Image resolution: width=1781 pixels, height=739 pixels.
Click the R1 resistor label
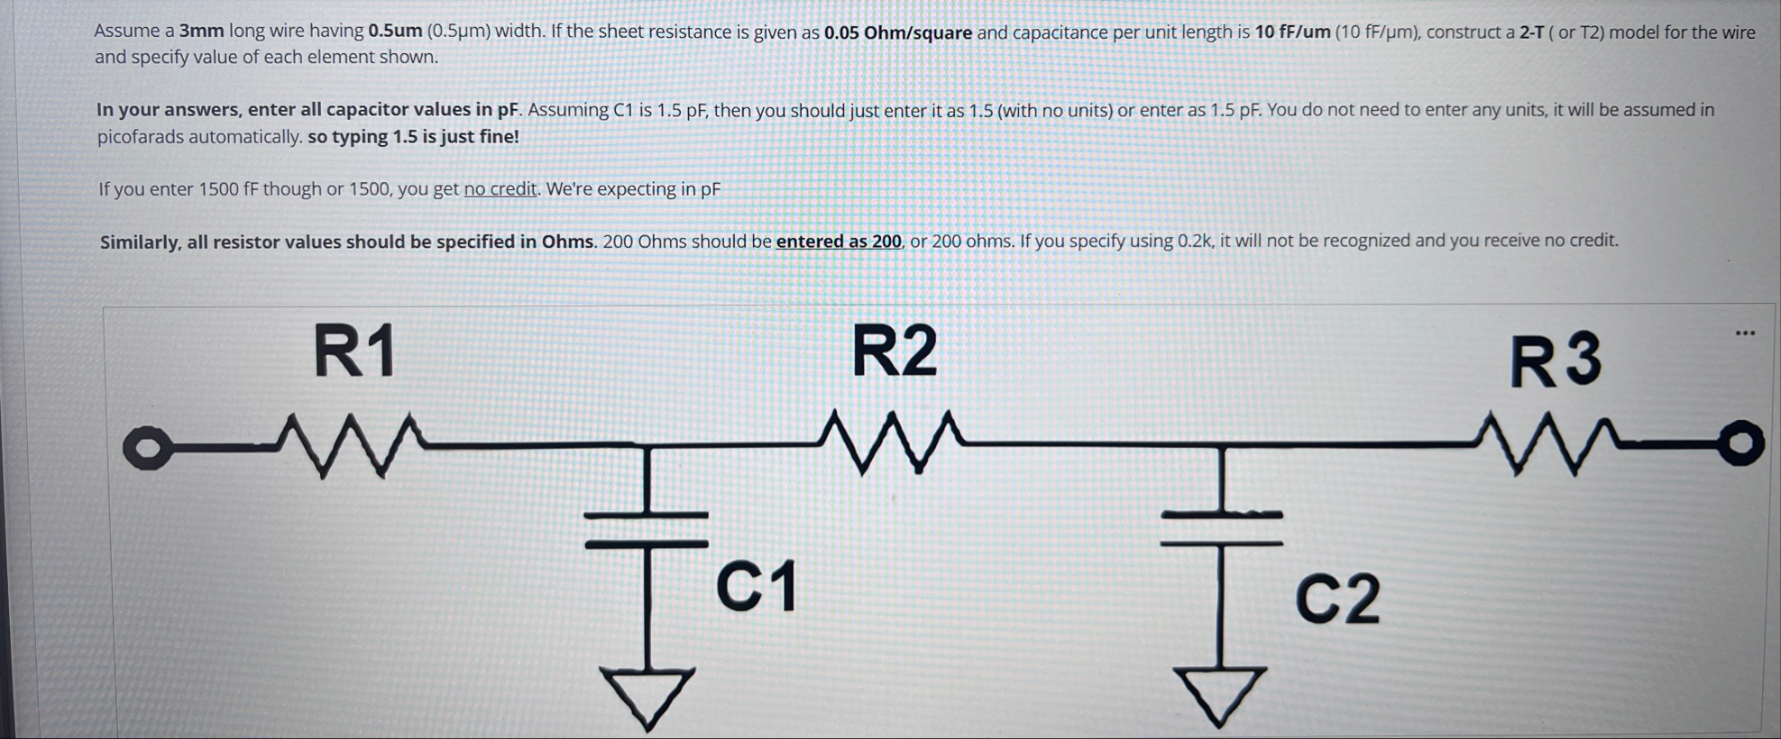tap(354, 351)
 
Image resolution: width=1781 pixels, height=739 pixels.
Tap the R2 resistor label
tap(895, 351)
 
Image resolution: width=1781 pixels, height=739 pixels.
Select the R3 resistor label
tap(1556, 360)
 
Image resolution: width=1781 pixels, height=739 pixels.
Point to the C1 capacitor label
tap(756, 586)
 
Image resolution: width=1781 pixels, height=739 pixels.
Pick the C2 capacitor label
tap(1337, 598)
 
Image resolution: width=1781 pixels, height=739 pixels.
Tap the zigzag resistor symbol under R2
tap(893, 442)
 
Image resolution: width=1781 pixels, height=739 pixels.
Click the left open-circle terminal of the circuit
tap(146, 449)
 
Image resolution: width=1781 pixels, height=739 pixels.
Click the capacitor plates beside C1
tap(647, 529)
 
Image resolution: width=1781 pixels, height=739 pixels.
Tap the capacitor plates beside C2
tap(1221, 529)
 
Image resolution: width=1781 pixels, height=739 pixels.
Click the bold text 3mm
tap(201, 31)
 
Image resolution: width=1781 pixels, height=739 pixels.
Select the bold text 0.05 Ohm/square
tap(898, 33)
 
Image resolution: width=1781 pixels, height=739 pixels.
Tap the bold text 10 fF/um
tap(1292, 32)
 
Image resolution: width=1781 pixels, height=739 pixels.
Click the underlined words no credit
tap(500, 189)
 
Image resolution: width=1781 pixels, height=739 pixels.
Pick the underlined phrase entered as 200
tap(839, 242)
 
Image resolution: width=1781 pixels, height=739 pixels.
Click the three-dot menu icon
tap(1745, 333)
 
